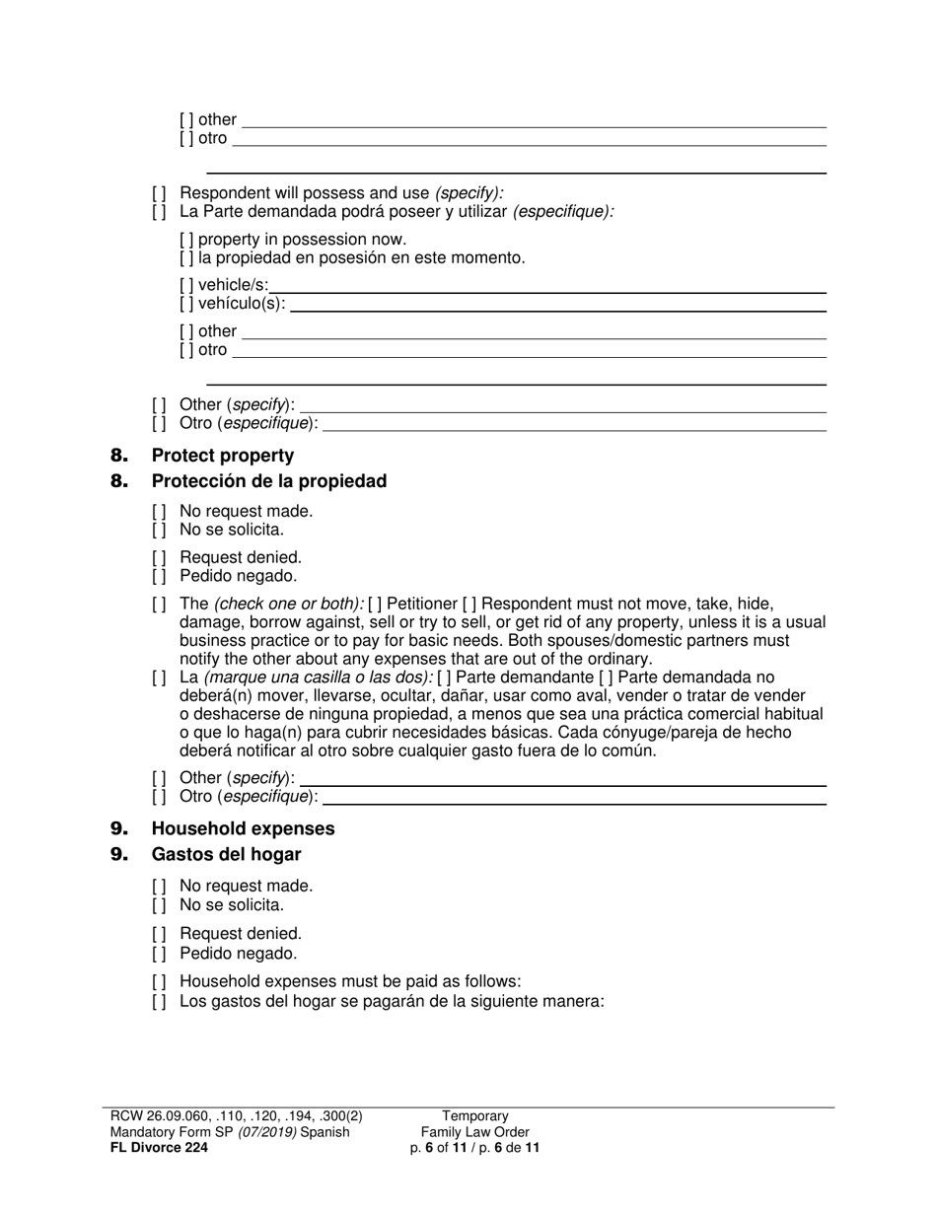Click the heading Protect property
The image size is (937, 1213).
click(x=222, y=456)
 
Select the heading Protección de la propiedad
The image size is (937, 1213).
click(x=268, y=481)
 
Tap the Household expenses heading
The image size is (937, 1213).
click(x=243, y=828)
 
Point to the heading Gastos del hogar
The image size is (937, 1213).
click(x=226, y=854)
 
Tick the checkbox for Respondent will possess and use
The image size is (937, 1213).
click(x=160, y=193)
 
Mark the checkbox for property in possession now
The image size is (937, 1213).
click(x=187, y=240)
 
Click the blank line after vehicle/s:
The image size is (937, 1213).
click(x=548, y=287)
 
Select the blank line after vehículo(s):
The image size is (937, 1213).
click(x=558, y=305)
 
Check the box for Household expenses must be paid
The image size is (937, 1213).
click(x=160, y=981)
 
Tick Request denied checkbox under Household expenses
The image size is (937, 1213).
click(x=160, y=934)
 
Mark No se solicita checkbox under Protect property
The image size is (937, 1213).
click(x=160, y=530)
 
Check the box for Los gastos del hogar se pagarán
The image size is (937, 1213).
click(x=160, y=1001)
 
